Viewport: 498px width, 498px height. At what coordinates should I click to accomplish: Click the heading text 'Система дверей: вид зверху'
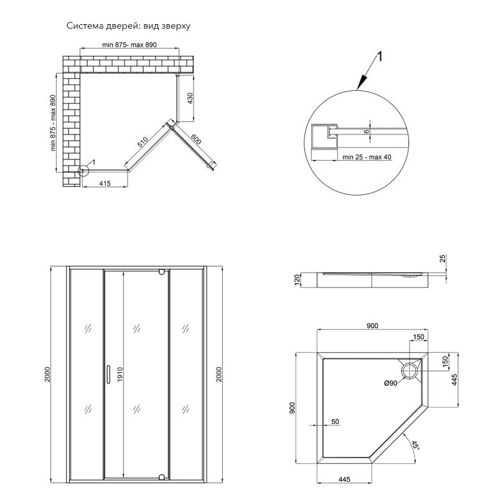[128, 27]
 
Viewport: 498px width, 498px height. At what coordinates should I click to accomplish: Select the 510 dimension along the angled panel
[142, 147]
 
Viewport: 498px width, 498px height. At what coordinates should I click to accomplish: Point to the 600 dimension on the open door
[195, 141]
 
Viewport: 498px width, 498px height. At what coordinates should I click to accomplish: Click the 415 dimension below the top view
[104, 183]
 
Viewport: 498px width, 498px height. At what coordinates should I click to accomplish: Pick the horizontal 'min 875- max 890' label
[131, 45]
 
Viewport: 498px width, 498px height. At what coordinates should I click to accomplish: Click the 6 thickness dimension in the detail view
[367, 131]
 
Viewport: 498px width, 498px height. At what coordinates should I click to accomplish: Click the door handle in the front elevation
[108, 374]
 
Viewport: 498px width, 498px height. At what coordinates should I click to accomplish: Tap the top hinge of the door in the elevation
[162, 272]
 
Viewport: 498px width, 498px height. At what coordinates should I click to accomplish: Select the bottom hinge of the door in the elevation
[162, 477]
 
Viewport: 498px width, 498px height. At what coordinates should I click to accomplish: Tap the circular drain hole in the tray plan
[411, 372]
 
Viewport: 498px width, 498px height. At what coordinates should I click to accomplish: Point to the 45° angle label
[415, 446]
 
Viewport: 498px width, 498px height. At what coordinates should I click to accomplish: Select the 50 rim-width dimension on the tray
[335, 422]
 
